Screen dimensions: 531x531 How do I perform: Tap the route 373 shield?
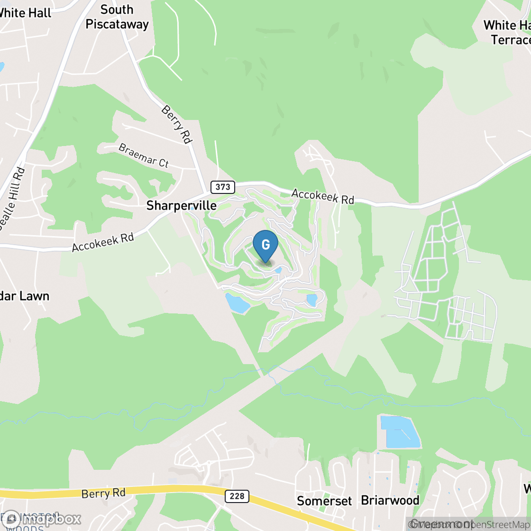(x=223, y=187)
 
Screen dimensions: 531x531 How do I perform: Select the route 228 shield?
(x=237, y=496)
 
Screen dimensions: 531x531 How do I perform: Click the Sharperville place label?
(x=182, y=205)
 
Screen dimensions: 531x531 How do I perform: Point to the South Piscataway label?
(x=117, y=17)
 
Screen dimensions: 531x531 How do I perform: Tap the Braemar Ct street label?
(x=144, y=155)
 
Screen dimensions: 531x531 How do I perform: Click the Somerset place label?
(x=325, y=501)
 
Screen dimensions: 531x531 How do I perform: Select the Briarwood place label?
(x=390, y=500)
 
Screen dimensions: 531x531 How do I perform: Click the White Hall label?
(x=25, y=13)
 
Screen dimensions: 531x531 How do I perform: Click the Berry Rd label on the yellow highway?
(x=103, y=493)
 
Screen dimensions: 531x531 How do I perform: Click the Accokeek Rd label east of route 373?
(x=322, y=196)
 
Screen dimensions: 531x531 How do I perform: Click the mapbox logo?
(x=43, y=519)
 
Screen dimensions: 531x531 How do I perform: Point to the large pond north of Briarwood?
(x=399, y=432)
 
